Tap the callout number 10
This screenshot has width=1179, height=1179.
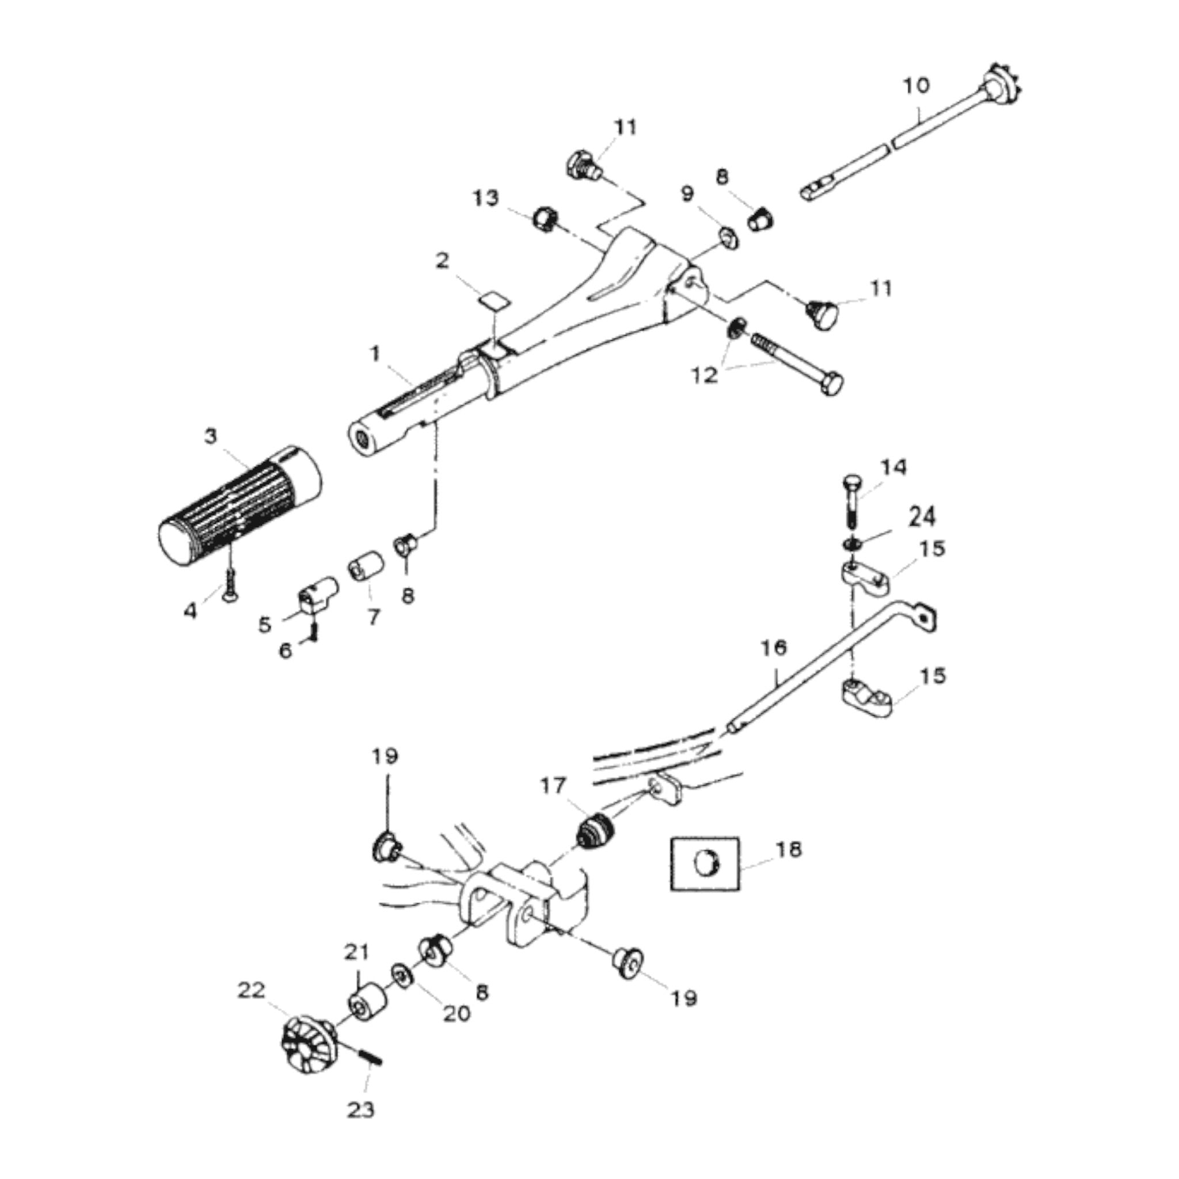click(916, 85)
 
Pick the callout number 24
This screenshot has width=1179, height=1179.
click(922, 518)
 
